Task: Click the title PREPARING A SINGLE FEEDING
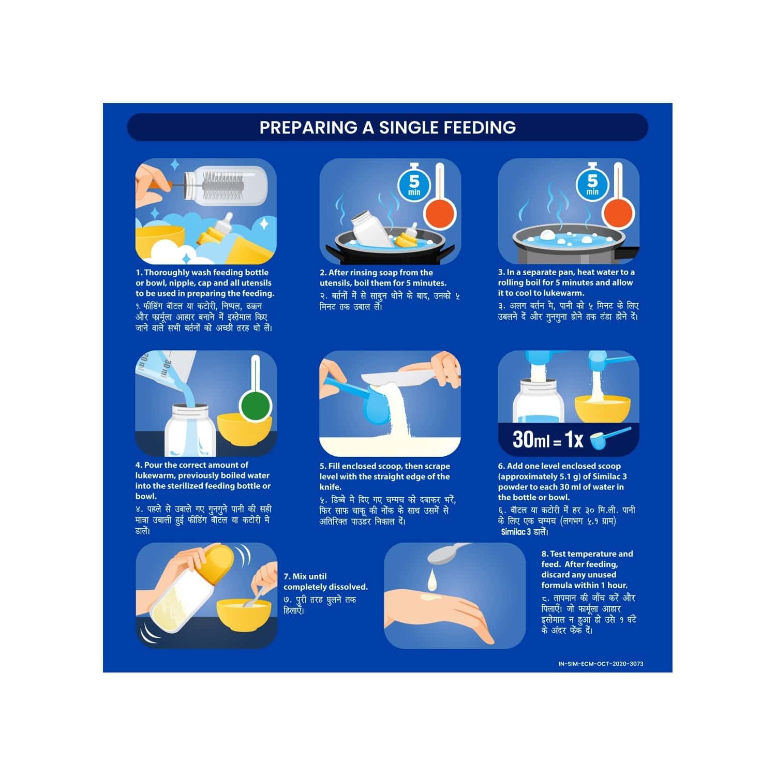click(387, 127)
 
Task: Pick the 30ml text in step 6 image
click(530, 440)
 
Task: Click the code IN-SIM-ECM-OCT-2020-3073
click(601, 664)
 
